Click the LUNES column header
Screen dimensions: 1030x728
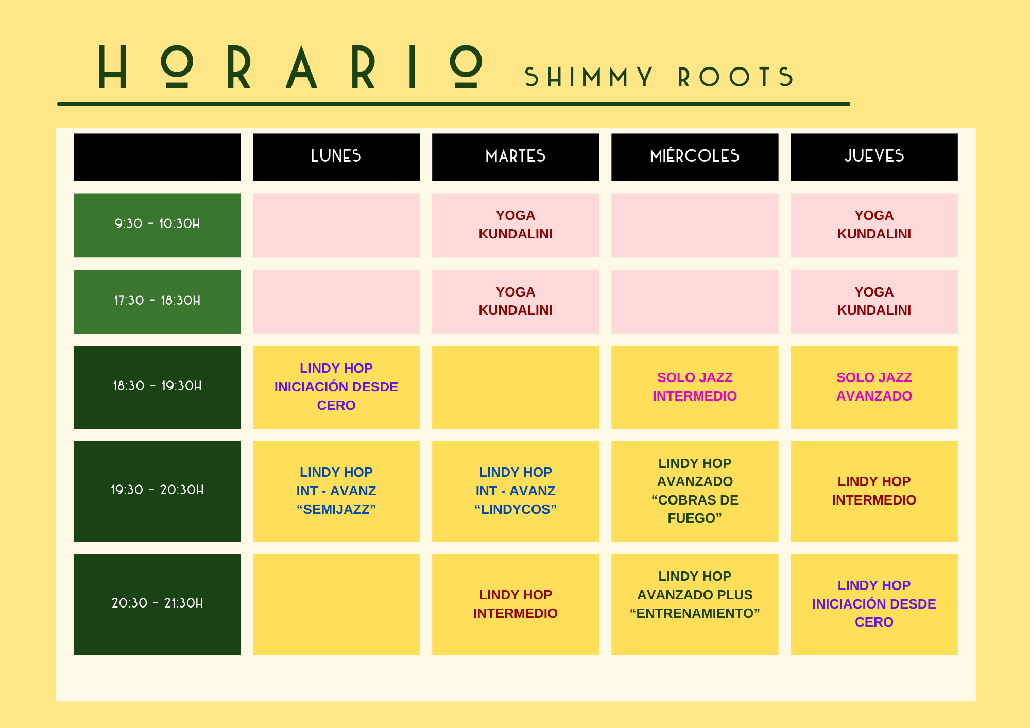pos(336,157)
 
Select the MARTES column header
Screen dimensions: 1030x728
pos(516,157)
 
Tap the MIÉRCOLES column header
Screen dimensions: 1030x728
pos(695,157)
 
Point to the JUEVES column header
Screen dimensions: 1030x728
pos(874,157)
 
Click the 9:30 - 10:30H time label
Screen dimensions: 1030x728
pos(157,224)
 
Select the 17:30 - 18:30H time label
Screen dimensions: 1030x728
pos(157,300)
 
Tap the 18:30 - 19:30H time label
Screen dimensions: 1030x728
pos(157,386)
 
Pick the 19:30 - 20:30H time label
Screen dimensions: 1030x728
pos(157,490)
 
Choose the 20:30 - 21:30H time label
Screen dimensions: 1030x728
pos(157,603)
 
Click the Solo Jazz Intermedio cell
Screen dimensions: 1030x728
pos(695,387)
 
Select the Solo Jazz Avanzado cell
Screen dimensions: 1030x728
pos(874,387)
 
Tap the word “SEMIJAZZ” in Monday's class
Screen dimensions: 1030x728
pos(336,509)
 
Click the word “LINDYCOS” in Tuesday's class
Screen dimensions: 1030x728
pos(516,509)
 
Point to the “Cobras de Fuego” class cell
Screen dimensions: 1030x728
pos(695,491)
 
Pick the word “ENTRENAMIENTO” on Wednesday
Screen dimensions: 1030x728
pos(695,613)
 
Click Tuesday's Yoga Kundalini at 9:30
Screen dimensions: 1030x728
pos(516,225)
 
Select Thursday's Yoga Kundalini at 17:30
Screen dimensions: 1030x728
pos(874,302)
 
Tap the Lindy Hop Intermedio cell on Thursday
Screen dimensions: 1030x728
pos(874,491)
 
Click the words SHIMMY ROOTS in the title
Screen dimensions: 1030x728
pos(659,77)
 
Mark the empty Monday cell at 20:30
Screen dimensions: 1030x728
pos(336,604)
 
